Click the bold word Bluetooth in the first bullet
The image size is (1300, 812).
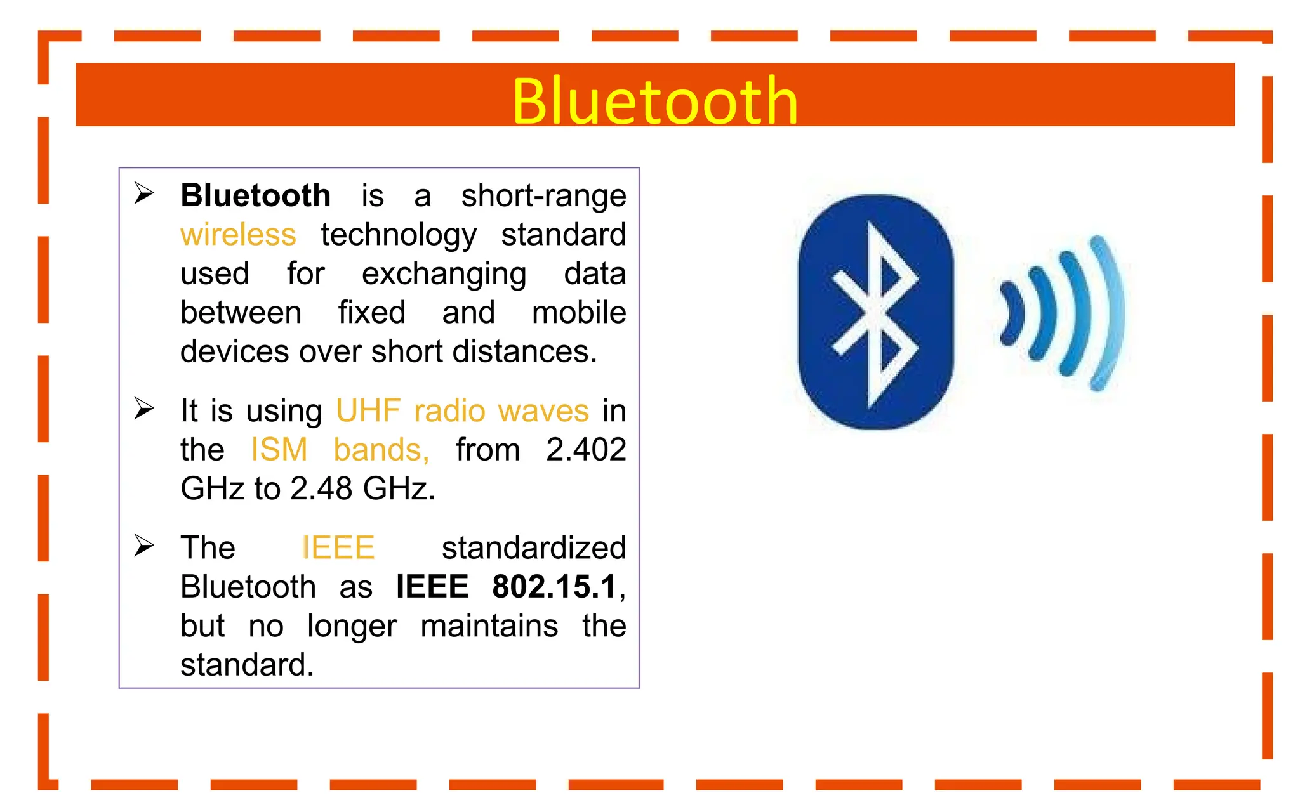(x=255, y=195)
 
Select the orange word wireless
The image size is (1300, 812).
(x=238, y=235)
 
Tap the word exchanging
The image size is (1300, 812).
(x=444, y=274)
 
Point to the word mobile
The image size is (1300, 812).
(x=578, y=313)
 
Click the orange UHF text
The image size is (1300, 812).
(x=368, y=411)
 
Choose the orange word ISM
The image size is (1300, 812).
(x=279, y=450)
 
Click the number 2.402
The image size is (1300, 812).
(x=586, y=450)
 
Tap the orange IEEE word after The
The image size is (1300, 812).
(x=338, y=547)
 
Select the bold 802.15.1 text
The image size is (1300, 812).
(x=554, y=587)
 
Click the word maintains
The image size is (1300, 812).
(x=489, y=626)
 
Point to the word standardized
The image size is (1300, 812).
(x=533, y=547)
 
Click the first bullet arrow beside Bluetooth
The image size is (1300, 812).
(x=144, y=193)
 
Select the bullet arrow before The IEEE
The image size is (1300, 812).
(x=144, y=546)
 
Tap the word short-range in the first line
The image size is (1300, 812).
(x=543, y=195)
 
